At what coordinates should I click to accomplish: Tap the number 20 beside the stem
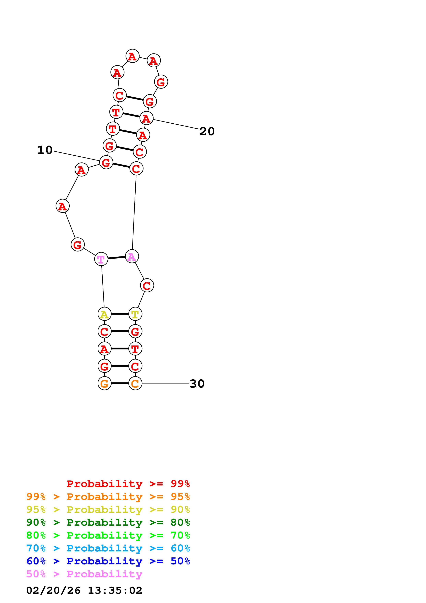(x=207, y=131)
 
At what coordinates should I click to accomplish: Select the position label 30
(x=197, y=384)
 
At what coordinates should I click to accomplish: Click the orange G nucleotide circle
(x=104, y=383)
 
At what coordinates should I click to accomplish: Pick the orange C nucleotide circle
(x=135, y=383)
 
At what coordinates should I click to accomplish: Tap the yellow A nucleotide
(x=104, y=314)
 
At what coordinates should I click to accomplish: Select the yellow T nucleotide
(x=135, y=314)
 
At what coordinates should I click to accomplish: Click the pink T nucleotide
(x=101, y=259)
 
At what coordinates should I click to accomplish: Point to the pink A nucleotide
(x=132, y=256)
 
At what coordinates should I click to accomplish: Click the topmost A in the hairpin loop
(x=132, y=56)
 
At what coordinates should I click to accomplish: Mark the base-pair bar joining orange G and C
(x=120, y=383)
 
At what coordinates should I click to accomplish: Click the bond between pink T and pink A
(x=117, y=258)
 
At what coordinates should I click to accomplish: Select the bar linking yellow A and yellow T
(x=120, y=314)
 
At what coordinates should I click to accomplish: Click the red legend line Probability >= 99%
(x=128, y=484)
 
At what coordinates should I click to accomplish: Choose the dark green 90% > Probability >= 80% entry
(x=108, y=522)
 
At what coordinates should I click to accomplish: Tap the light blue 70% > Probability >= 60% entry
(x=108, y=548)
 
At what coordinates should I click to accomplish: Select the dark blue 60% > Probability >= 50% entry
(x=108, y=561)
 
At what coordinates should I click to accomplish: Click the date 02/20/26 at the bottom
(x=53, y=590)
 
